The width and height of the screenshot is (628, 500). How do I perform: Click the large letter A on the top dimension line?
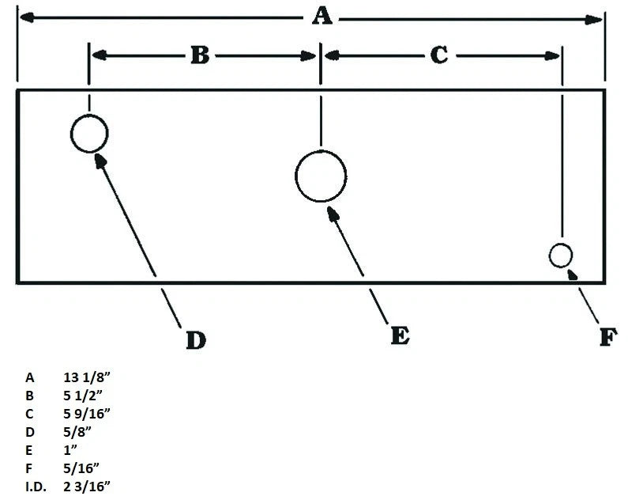coord(322,17)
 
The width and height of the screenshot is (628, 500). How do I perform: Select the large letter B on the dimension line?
coord(200,55)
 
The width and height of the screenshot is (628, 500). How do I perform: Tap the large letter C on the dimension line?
coord(439,55)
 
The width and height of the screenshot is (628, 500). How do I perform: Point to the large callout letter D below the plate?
coord(196,340)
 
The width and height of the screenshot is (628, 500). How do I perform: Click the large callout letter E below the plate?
coord(400,335)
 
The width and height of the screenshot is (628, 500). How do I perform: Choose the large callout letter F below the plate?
coord(608,337)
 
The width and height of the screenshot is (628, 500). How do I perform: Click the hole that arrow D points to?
coord(89,115)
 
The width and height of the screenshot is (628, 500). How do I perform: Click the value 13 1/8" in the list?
coord(87,377)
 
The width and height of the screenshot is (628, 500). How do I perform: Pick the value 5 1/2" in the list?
coord(82,396)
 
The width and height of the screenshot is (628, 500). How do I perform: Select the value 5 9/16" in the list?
coord(87,414)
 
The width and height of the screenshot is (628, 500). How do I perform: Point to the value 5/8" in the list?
coord(77,432)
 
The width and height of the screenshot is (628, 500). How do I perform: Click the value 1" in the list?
coord(70,450)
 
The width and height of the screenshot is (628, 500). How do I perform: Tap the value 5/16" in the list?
coord(81,468)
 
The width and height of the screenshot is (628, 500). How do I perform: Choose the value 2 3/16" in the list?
coord(87,487)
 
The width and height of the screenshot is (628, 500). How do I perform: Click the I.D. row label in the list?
coord(36,487)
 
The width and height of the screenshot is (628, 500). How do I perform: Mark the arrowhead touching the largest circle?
coord(333,214)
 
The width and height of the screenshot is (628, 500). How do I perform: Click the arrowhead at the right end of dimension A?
coord(593,20)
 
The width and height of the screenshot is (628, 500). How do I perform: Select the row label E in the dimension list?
coord(29,450)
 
